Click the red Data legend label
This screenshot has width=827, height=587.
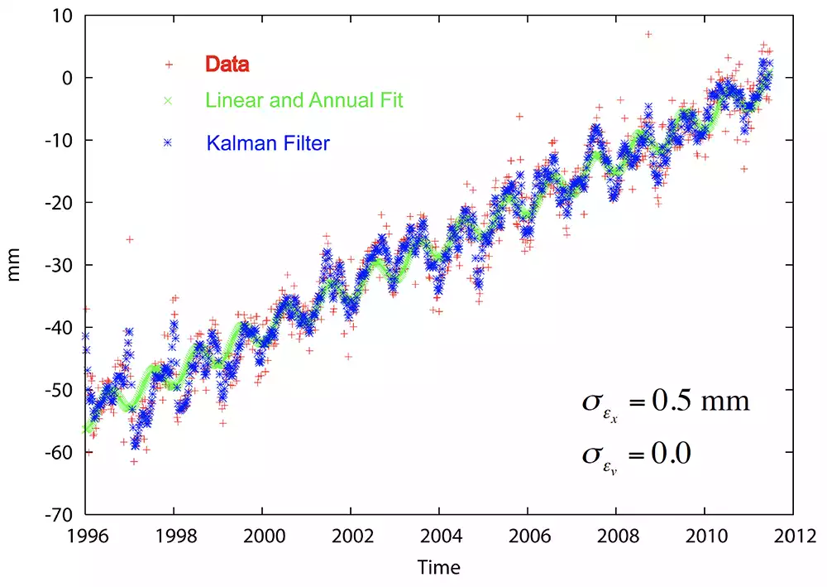(x=227, y=63)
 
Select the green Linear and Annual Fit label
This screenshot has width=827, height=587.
(x=304, y=101)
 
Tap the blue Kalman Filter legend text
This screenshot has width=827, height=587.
(x=268, y=143)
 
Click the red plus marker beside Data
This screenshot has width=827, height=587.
(x=168, y=64)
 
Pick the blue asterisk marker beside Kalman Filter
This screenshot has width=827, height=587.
(x=168, y=143)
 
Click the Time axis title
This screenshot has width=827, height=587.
(x=438, y=567)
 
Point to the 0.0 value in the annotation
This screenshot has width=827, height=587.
(x=672, y=454)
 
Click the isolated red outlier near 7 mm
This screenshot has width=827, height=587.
(x=648, y=35)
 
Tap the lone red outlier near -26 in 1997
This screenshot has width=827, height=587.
(x=130, y=239)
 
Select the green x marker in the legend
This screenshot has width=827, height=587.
(x=168, y=101)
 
